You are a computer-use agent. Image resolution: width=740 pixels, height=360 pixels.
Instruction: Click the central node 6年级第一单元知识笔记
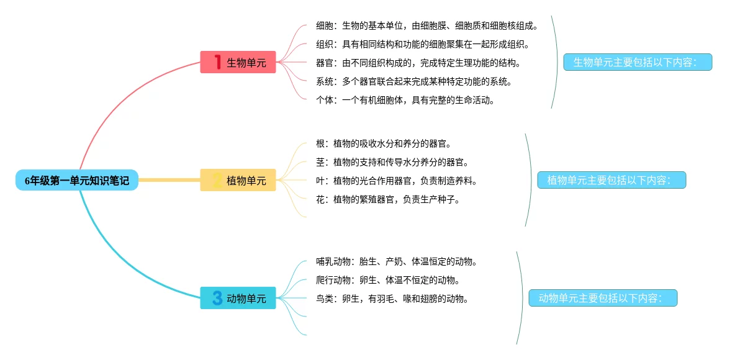pyautogui.click(x=77, y=180)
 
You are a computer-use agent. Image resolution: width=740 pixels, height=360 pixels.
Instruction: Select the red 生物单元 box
pyautogui.click(x=238, y=62)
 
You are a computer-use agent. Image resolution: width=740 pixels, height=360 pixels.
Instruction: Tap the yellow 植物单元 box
pyautogui.click(x=238, y=181)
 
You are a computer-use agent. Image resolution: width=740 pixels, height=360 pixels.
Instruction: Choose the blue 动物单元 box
pyautogui.click(x=238, y=299)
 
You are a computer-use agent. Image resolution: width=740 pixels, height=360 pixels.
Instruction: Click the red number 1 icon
pyautogui.click(x=217, y=62)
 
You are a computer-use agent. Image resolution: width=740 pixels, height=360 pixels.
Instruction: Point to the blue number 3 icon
pyautogui.click(x=217, y=299)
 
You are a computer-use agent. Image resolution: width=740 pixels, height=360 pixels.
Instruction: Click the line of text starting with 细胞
pyautogui.click(x=426, y=26)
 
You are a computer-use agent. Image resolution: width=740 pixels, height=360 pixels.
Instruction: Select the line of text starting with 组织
pyautogui.click(x=422, y=45)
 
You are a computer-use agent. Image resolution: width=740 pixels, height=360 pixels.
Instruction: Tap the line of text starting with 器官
pyautogui.click(x=418, y=63)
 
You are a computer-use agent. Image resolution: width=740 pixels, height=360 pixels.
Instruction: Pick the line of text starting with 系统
pyautogui.click(x=413, y=81)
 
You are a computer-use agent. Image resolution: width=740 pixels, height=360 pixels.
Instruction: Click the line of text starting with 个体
pyautogui.click(x=405, y=100)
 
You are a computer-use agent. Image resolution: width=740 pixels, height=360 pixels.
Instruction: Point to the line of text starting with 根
pyautogui.click(x=383, y=144)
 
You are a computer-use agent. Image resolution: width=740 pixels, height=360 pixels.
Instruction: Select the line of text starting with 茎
pyautogui.click(x=392, y=163)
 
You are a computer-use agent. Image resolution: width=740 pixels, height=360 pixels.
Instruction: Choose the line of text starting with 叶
pyautogui.click(x=396, y=181)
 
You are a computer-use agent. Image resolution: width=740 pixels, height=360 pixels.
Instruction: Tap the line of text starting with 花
pyautogui.click(x=387, y=200)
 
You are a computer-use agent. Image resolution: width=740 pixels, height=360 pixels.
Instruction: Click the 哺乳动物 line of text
pyautogui.click(x=396, y=262)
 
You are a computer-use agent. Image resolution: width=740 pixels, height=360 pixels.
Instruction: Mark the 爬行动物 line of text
pyautogui.click(x=387, y=280)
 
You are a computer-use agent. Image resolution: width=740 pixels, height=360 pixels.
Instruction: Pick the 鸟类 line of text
pyautogui.click(x=392, y=299)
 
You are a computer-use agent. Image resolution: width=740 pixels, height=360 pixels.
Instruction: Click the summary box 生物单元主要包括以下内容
pyautogui.click(x=638, y=62)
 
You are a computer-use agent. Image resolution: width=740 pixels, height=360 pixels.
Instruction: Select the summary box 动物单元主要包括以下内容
pyautogui.click(x=603, y=299)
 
